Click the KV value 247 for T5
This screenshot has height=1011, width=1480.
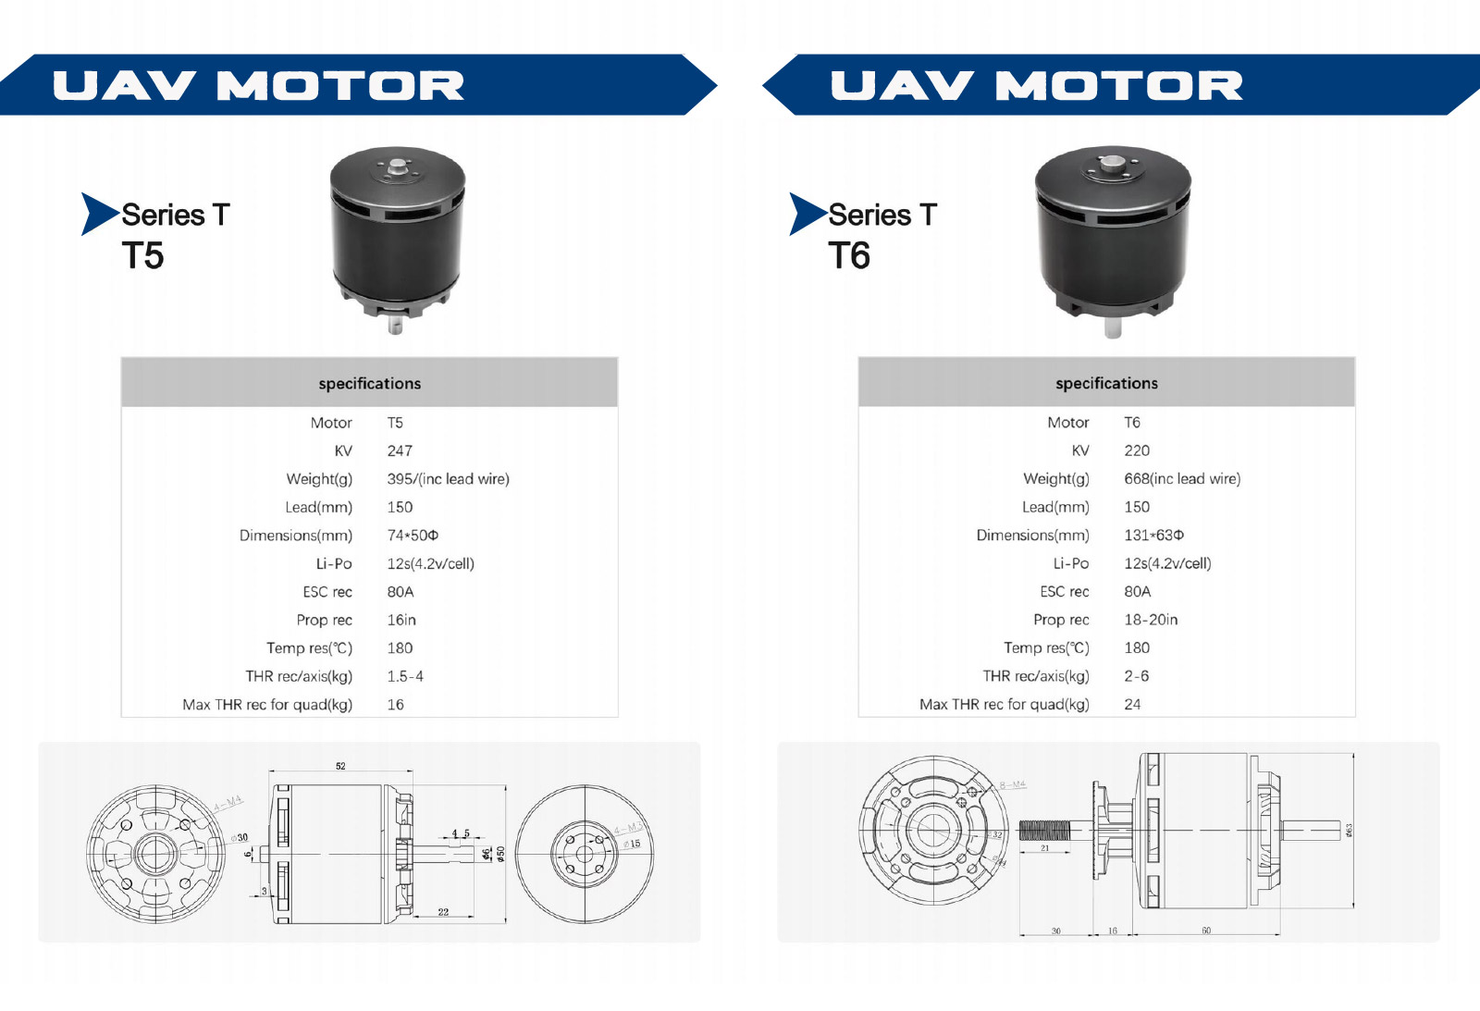400,450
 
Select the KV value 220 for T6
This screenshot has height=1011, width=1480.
1137,450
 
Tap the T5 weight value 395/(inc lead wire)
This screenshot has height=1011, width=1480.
448,479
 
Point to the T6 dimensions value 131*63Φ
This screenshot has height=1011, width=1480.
1153,535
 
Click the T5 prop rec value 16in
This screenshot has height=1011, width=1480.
401,620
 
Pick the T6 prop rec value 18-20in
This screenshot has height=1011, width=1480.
1151,620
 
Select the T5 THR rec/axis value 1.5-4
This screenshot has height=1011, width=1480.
405,676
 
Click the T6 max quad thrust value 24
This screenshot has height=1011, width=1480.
1132,704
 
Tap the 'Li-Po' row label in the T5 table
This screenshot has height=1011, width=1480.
334,563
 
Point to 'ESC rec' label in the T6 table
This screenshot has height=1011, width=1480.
1064,591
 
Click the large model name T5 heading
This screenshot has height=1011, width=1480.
142,255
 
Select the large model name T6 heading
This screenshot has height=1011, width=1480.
849,255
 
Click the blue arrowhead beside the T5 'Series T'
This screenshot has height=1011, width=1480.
98,214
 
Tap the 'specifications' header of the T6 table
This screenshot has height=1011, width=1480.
1106,383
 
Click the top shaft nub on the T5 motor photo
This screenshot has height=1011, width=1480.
398,166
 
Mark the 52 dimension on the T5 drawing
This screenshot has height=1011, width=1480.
340,766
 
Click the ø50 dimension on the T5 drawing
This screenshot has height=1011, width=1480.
500,853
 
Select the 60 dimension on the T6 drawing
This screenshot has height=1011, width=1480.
1206,931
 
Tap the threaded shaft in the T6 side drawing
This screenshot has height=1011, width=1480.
1044,830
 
